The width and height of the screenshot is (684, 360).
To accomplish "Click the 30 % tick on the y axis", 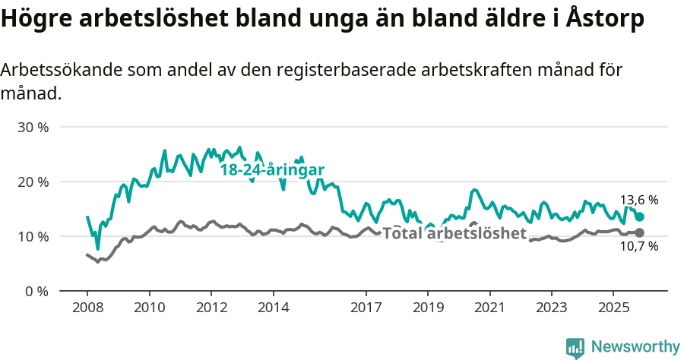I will point(33,128).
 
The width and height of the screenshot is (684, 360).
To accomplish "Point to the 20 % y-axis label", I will point(33,182).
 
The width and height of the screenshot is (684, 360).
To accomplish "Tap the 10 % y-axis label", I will point(33,237).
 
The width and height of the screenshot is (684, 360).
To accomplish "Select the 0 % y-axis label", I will point(36,292).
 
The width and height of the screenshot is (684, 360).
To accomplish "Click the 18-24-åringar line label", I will point(273,170).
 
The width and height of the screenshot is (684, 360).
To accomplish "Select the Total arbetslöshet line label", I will point(454,233).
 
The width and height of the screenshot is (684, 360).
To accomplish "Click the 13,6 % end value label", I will point(639,201).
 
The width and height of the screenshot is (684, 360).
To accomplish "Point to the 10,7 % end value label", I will point(639,246).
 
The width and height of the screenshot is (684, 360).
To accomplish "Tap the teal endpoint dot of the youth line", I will point(640,217).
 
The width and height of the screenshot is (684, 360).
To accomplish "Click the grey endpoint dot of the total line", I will point(640,232).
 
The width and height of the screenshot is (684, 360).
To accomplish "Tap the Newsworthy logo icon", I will point(575,347).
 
